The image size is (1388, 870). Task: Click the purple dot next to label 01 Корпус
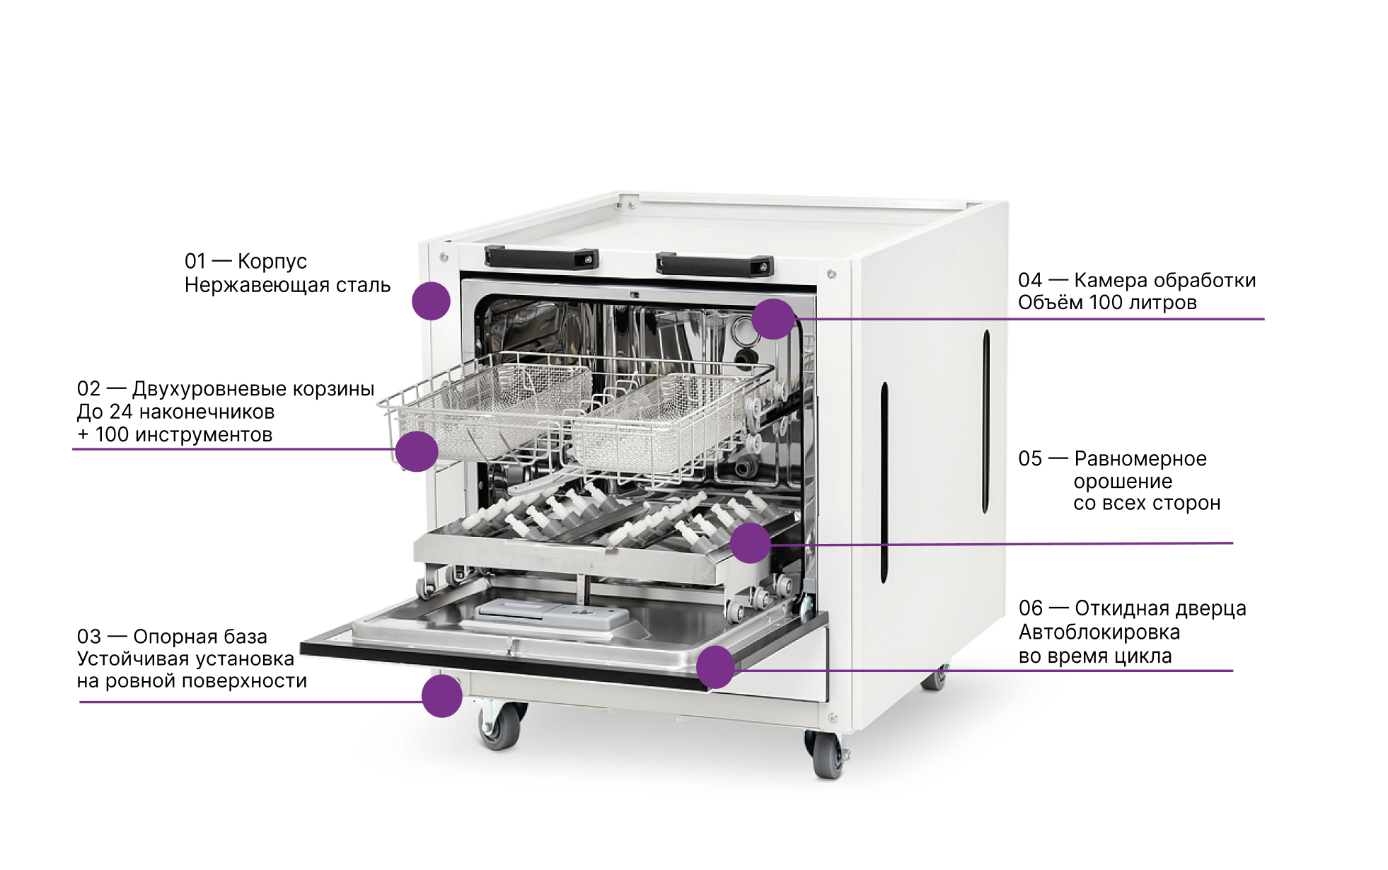click(431, 301)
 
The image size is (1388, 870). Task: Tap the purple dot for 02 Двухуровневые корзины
click(417, 451)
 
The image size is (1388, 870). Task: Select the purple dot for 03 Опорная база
click(442, 696)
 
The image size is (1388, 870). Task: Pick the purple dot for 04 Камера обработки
click(774, 319)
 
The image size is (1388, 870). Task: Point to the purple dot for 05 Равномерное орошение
click(750, 543)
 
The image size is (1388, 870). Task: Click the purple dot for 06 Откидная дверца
click(716, 667)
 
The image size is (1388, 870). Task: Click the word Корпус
click(272, 262)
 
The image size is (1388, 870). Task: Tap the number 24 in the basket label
click(121, 412)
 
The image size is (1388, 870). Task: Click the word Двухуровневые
click(209, 389)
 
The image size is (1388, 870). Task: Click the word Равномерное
click(1140, 459)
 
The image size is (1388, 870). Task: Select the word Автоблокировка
click(1099, 632)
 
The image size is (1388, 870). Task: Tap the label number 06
click(1031, 608)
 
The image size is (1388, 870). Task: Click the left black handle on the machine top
click(541, 258)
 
